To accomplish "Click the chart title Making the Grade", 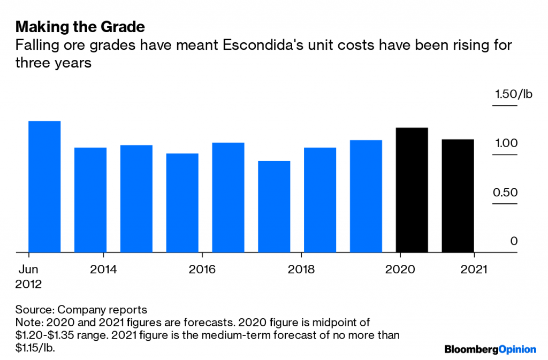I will pos(80,26).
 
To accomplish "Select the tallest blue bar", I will pos(44,186).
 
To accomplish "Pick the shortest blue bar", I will pos(274,206).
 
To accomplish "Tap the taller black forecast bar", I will pos(412,189).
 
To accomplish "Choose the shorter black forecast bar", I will pos(458,195).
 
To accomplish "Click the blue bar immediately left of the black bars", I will pos(366,196).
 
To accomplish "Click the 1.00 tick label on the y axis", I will pos(505,143).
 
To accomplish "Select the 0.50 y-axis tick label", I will pos(505,192).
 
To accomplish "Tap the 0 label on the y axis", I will pos(514,241).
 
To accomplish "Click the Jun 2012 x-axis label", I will pos(28,276).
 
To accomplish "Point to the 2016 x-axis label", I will pos(202,269).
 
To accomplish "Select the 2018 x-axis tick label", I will pos(301,269).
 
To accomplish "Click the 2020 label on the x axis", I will pos(400,269).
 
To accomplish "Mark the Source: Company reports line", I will pos(81,310).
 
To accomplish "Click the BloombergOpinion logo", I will pos(490,349).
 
